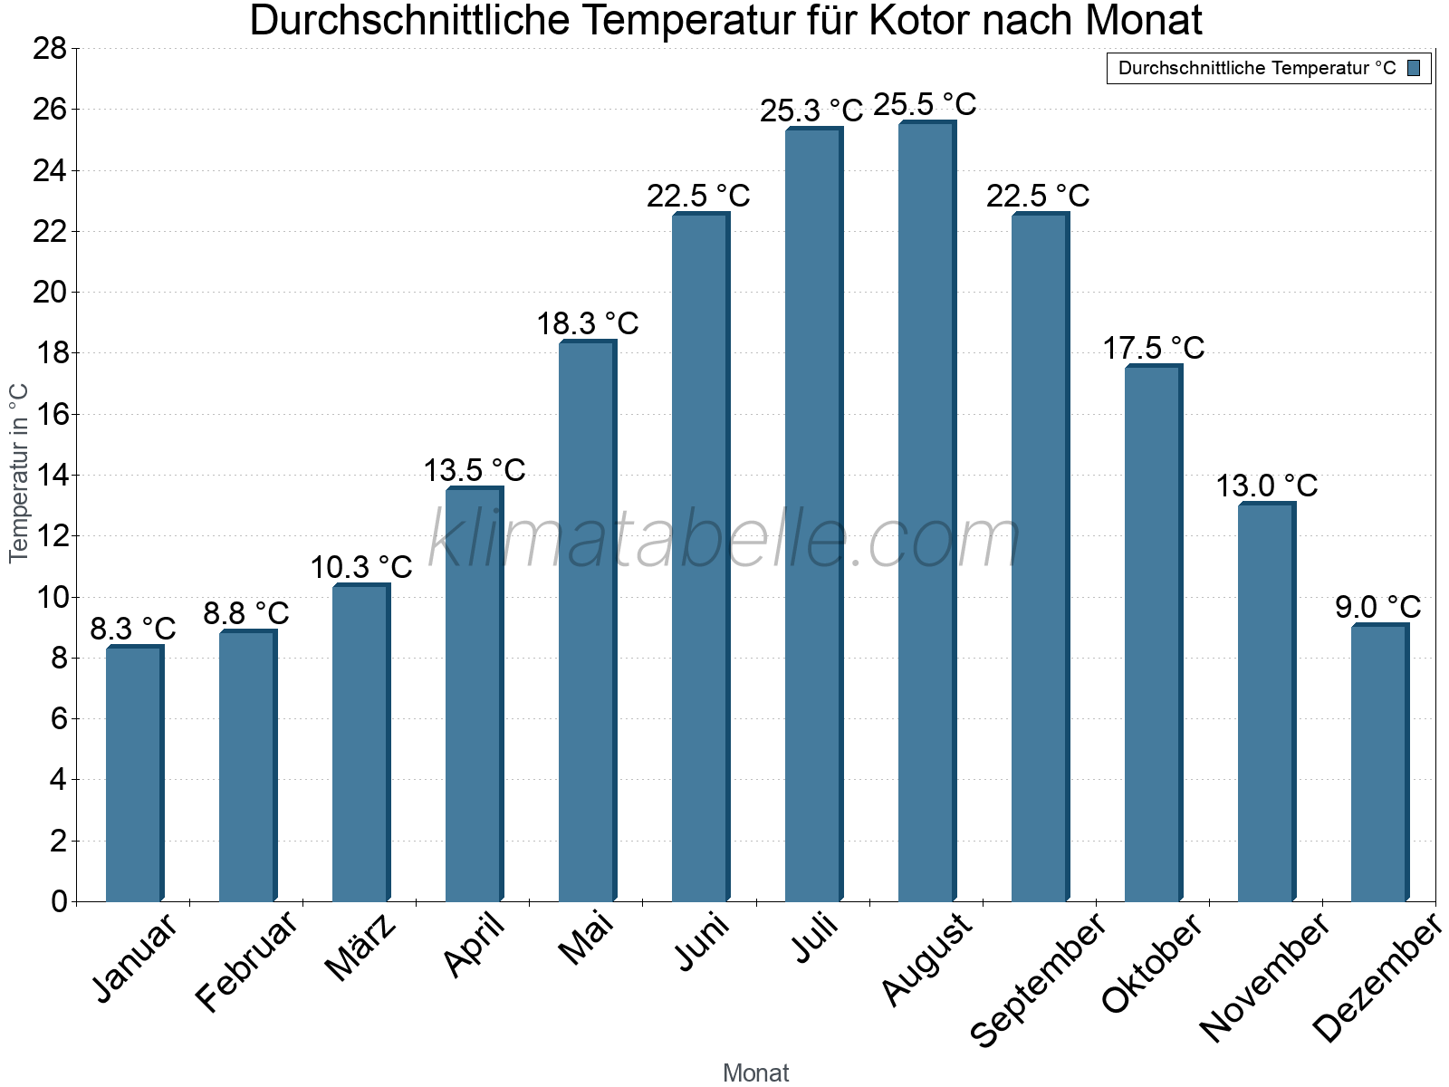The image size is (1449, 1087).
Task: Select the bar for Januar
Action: (134, 774)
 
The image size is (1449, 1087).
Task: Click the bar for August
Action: (926, 512)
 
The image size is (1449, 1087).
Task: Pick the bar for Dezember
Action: (1379, 763)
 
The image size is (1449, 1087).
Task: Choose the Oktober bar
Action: (1153, 634)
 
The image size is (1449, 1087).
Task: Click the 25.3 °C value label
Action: (811, 111)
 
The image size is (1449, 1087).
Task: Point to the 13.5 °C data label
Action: (475, 470)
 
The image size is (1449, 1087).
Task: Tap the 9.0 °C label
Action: (1377, 607)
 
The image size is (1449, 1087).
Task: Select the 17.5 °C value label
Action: (1153, 348)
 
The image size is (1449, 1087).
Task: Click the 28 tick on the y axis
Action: (50, 48)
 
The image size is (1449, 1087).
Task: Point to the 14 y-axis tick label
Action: (50, 475)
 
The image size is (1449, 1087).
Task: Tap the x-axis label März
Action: (360, 948)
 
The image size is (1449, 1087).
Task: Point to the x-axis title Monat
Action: (756, 1073)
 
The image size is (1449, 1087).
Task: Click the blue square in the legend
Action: (1414, 68)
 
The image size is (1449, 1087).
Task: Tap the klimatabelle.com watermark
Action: (724, 540)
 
